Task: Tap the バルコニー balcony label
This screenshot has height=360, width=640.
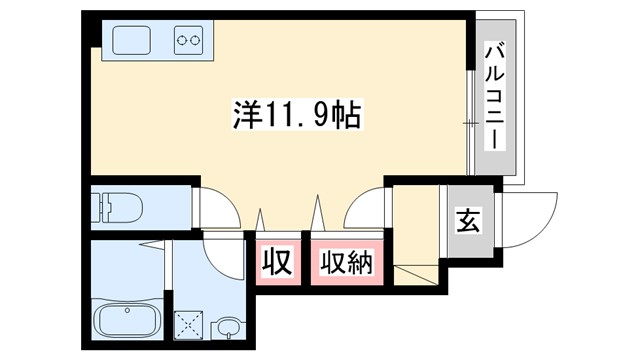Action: click(x=494, y=94)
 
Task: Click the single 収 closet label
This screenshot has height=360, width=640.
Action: click(x=277, y=264)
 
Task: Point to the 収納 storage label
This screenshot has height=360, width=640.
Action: click(x=346, y=264)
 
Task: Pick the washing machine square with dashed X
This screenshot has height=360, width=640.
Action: click(x=188, y=324)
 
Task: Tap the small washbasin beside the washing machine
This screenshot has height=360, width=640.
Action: click(x=229, y=326)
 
